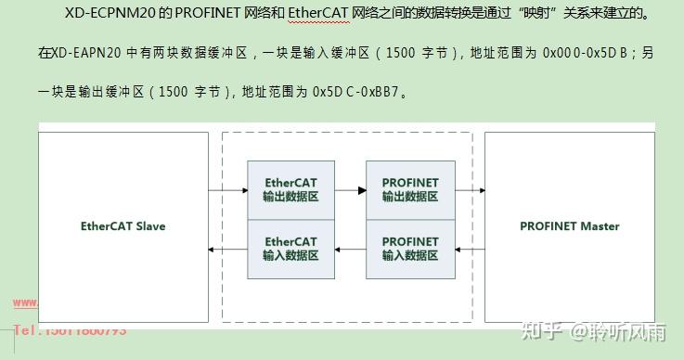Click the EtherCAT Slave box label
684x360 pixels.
coord(123,225)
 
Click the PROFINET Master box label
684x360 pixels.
coord(569,225)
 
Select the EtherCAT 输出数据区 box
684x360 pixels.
coord(290,190)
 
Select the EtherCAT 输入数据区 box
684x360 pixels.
coord(290,249)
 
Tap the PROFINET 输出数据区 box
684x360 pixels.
coord(409,190)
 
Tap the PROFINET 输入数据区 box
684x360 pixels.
coord(409,249)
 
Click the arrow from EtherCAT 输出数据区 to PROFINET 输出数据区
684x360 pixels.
coord(350,190)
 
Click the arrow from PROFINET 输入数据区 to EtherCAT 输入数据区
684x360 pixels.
coord(350,249)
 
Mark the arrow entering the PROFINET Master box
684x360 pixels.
coord(470,190)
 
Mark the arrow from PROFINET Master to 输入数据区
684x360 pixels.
coord(470,249)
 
